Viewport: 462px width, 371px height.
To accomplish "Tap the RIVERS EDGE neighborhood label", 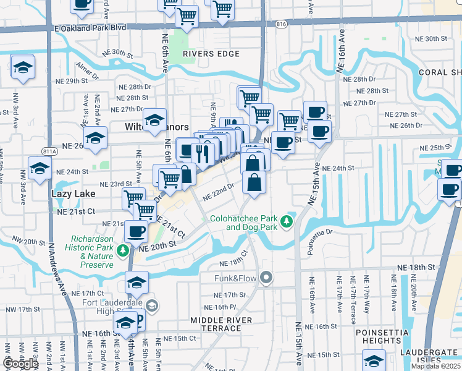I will (211, 54).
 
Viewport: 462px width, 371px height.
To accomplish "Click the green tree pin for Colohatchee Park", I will (286, 221).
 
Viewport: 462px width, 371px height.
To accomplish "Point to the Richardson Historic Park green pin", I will (124, 250).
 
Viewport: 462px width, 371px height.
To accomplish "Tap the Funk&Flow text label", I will (235, 278).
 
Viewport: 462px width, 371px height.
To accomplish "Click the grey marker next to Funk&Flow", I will (266, 277).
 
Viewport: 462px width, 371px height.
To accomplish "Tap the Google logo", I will (20, 364).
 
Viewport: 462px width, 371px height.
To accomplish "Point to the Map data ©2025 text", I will (435, 366).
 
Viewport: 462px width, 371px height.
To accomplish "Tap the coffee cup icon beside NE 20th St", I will (136, 232).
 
